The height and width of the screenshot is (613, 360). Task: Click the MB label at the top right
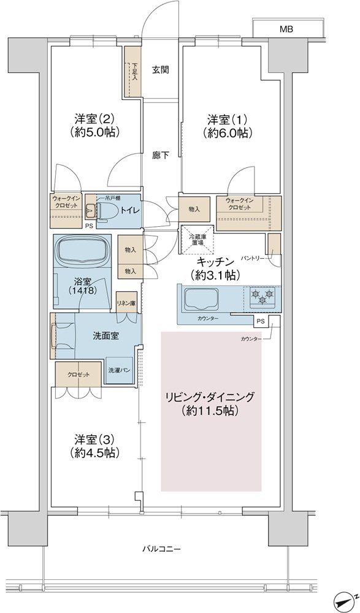[286, 29]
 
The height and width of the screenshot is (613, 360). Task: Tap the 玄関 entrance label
[161, 70]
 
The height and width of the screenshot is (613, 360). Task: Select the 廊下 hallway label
[161, 156]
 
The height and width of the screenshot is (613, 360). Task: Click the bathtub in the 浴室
[83, 251]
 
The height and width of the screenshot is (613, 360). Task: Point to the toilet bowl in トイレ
[106, 211]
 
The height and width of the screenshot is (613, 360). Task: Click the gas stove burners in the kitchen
[262, 296]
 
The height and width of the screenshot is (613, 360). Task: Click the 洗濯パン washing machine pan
[120, 370]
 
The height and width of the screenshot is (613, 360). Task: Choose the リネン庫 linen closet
[127, 302]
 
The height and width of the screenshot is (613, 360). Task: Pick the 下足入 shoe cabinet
[132, 72]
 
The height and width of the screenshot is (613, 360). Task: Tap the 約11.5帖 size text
[210, 411]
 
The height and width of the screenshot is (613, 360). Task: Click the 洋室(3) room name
[94, 439]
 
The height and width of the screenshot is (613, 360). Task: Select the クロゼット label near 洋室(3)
[79, 375]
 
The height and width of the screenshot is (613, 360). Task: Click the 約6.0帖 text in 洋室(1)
[228, 133]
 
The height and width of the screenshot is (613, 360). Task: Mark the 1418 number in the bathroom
[83, 291]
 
